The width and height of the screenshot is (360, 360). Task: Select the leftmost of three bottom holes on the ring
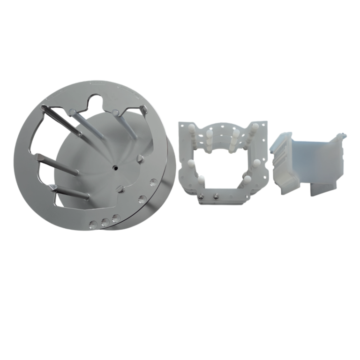coord(94,224)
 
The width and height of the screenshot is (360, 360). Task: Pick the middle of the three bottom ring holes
coord(105,220)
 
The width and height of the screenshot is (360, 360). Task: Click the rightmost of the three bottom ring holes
coord(116,217)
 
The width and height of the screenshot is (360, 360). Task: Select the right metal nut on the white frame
coord(216,195)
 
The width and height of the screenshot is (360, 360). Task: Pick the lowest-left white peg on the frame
coord(200,180)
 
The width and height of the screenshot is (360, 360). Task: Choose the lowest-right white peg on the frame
coord(247,179)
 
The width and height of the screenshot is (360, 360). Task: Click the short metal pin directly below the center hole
coord(120,189)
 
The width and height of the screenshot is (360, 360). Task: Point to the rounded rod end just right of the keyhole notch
coord(115,112)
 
